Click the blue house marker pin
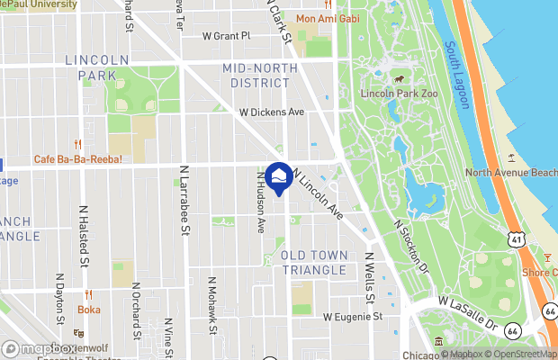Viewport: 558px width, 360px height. tap(279, 178)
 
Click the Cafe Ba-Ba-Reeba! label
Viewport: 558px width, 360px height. tap(77, 159)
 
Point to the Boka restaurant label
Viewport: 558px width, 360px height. tap(88, 309)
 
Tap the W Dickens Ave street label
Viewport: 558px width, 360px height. tap(271, 112)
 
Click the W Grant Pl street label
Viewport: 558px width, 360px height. tap(226, 36)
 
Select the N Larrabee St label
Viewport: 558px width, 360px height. tap(184, 199)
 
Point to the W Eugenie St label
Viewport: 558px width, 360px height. tap(353, 317)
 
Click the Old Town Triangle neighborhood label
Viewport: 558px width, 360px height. tap(313, 263)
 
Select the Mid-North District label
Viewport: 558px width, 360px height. tap(268, 76)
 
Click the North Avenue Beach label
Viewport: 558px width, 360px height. tap(511, 173)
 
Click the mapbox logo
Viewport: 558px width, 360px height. tap(39, 348)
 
